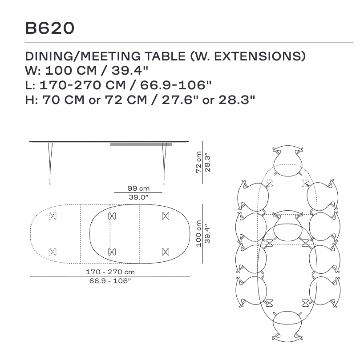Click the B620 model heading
[x=50, y=28]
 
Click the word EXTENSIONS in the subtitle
[x=259, y=56]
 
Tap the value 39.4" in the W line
[x=130, y=71]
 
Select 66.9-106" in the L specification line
[x=176, y=85]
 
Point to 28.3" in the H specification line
[x=237, y=100]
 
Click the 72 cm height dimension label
[x=198, y=162]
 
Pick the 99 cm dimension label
[x=138, y=188]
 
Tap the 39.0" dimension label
[x=138, y=197]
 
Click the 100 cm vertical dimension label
[x=198, y=234]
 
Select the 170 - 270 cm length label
[x=110, y=272]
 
